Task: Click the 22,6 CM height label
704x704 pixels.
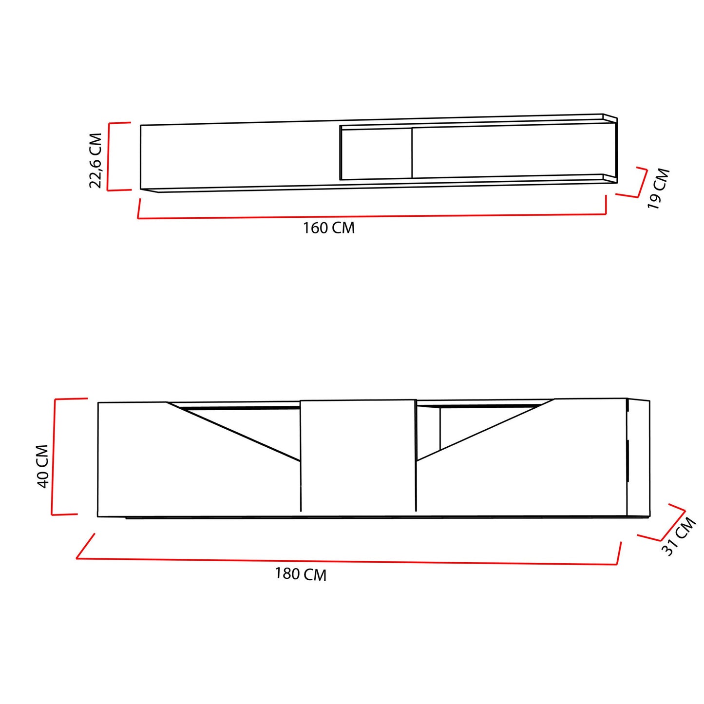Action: tap(95, 160)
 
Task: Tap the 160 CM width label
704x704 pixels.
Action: tap(329, 228)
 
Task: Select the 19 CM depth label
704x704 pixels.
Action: tap(658, 189)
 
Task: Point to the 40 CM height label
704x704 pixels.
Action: tap(43, 466)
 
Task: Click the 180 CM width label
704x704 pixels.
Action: tap(301, 574)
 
